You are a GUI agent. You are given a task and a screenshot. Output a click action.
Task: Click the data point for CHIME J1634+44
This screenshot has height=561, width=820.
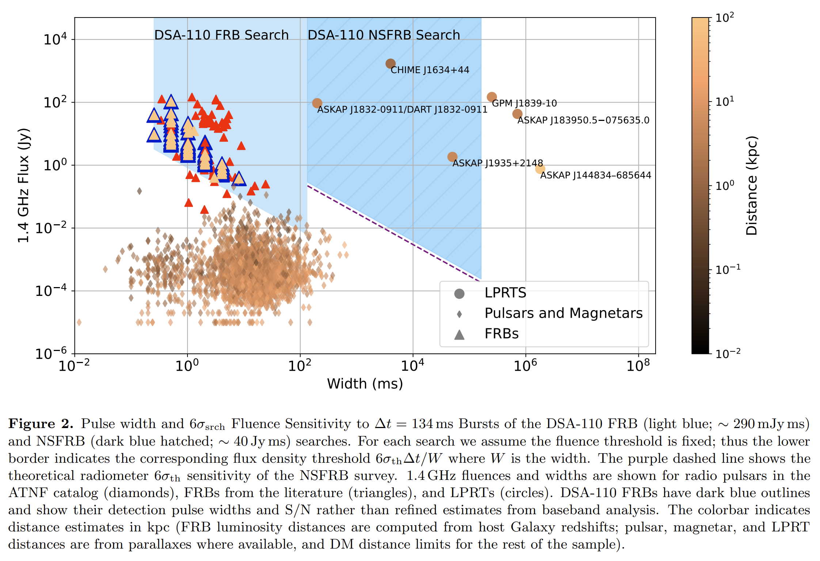pos(390,64)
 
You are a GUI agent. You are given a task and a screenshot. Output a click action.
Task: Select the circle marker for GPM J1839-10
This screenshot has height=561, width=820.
pos(491,97)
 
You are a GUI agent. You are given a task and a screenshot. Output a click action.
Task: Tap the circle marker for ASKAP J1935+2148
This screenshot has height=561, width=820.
pos(452,157)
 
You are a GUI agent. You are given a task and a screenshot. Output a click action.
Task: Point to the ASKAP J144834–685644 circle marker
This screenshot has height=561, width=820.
pos(540,169)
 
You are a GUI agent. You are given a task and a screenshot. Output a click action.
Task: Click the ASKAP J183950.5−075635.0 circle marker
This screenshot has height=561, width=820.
pos(517,114)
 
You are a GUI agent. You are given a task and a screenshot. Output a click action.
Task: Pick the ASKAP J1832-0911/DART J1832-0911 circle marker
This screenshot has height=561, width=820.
pos(317,103)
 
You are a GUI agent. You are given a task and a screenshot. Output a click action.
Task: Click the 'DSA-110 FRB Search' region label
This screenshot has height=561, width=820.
pos(221,35)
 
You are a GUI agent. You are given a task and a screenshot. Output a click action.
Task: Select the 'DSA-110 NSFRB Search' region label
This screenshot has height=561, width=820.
pos(384,35)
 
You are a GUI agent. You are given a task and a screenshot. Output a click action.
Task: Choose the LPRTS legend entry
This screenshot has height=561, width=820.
pos(505,293)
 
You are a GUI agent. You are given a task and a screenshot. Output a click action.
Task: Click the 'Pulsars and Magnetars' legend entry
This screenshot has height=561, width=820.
pos(563,313)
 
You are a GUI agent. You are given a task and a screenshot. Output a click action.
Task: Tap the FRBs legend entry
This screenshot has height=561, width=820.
pos(501,334)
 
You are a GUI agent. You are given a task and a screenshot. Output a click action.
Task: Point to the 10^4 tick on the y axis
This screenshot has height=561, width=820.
pos(55,39)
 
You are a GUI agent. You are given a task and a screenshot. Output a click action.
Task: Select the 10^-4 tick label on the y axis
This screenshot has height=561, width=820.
pos(51,291)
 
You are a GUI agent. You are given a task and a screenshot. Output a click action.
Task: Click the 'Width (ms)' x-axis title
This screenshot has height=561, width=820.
pos(365,384)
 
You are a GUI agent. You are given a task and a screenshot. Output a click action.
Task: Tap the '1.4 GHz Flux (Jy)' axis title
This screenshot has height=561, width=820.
pos(24,185)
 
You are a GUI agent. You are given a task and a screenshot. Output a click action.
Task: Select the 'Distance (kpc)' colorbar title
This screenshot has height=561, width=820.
pos(752,185)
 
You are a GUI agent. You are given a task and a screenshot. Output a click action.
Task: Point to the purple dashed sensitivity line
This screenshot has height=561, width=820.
pos(393,233)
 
